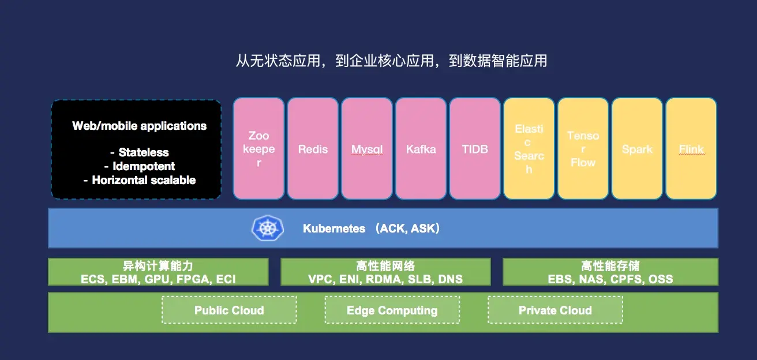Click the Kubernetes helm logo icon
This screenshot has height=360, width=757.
coord(267,228)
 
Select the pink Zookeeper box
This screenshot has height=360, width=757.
coord(258,149)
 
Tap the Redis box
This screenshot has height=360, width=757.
coord(313,149)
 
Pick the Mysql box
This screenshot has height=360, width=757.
coord(367,149)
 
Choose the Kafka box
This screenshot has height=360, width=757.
coord(421,149)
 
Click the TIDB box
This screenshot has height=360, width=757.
coord(475,149)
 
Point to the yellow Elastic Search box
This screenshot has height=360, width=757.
coord(529,149)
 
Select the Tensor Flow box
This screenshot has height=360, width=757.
coord(583,149)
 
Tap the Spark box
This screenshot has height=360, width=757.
coord(637,149)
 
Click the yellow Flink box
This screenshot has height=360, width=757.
coord(691,149)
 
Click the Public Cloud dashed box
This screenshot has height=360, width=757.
coord(229,310)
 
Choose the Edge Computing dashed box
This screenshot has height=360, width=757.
coord(392,310)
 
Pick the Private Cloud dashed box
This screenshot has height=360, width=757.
coord(555,310)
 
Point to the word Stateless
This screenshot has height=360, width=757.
coord(144,152)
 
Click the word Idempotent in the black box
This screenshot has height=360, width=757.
coord(144,166)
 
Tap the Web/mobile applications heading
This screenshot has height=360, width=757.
coord(139,126)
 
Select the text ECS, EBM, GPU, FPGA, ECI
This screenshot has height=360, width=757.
coord(158,279)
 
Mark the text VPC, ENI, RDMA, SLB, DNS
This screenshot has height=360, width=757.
coord(385,279)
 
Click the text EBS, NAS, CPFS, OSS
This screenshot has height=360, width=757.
coord(610,279)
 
